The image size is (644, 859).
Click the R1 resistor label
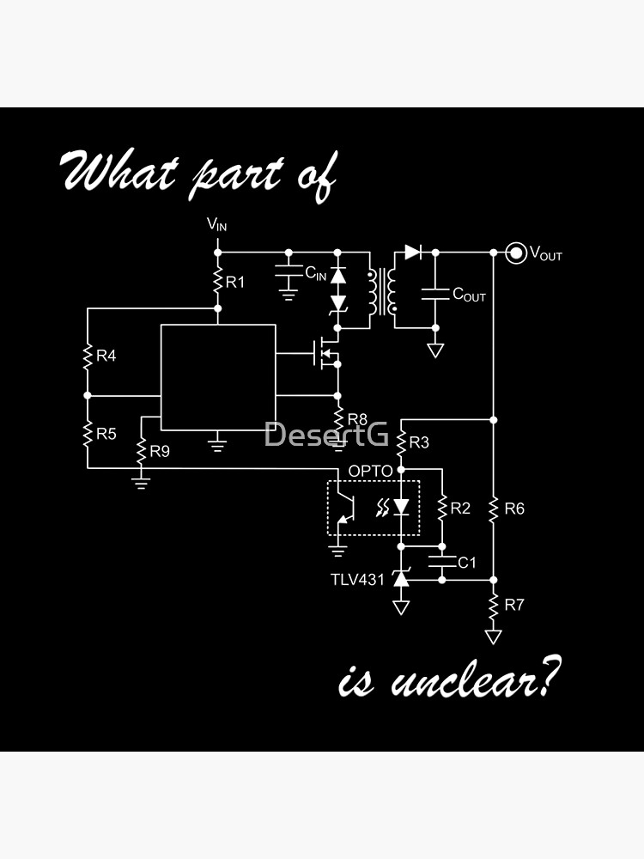pyautogui.click(x=235, y=282)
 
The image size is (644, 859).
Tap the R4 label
pyautogui.click(x=106, y=356)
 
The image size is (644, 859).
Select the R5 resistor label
pyautogui.click(x=106, y=434)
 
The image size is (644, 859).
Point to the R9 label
pyautogui.click(x=160, y=450)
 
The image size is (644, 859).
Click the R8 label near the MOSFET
pyautogui.click(x=357, y=419)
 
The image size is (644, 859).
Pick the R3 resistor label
pyautogui.click(x=419, y=443)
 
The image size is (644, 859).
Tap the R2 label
pyautogui.click(x=460, y=509)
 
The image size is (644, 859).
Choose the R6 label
pyautogui.click(x=513, y=509)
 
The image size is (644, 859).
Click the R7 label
pyautogui.click(x=513, y=605)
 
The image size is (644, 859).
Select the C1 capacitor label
pyautogui.click(x=466, y=563)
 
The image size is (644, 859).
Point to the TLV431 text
pyautogui.click(x=357, y=580)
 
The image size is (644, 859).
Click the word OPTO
pyautogui.click(x=370, y=471)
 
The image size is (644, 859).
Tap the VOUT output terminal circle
pyautogui.click(x=515, y=253)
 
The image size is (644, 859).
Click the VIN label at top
pyautogui.click(x=217, y=225)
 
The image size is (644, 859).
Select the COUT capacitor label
pyautogui.click(x=469, y=295)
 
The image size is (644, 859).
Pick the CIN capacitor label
pyautogui.click(x=315, y=274)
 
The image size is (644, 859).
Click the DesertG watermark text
pyautogui.click(x=325, y=435)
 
